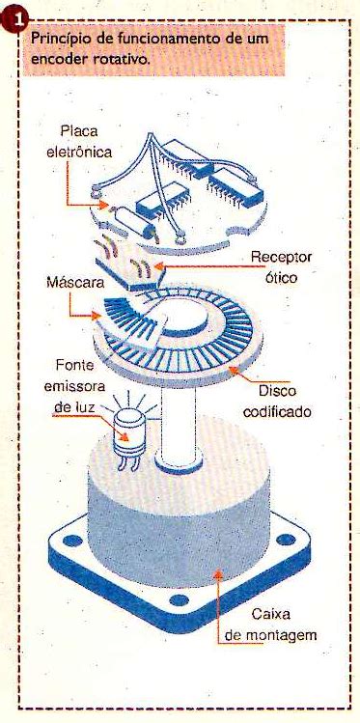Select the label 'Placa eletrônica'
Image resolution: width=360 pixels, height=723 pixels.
[79, 141]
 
